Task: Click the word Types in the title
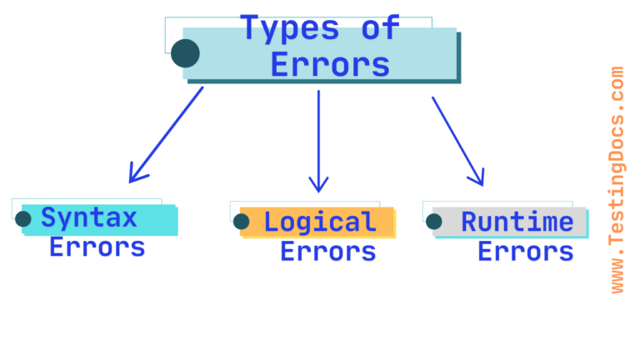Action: [x=290, y=28]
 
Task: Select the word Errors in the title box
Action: [x=331, y=64]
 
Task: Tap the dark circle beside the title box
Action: [x=185, y=53]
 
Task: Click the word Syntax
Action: [x=89, y=218]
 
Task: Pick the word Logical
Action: [x=320, y=222]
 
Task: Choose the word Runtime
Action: [x=517, y=222]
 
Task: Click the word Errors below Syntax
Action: [x=97, y=247]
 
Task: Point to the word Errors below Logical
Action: [x=327, y=251]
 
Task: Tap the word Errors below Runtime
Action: [x=525, y=251]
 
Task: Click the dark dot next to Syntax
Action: [x=23, y=219]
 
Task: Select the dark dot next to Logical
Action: [x=242, y=222]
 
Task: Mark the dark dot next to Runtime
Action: [x=434, y=222]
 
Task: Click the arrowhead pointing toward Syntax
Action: [x=134, y=176]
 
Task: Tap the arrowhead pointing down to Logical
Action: [x=318, y=185]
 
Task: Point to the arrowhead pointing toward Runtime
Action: [x=477, y=178]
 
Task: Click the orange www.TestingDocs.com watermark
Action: [x=617, y=180]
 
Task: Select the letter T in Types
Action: [x=249, y=28]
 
